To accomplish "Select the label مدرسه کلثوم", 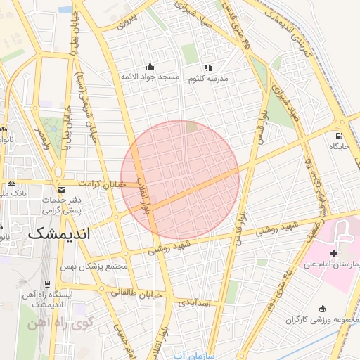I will [x=225, y=79].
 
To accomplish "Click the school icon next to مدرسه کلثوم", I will [x=208, y=67].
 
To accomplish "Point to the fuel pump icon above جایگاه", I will [x=340, y=135].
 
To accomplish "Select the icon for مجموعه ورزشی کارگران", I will [x=323, y=308].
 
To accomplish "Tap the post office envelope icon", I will [x=62, y=190].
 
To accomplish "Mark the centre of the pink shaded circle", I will [x=180, y=180].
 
